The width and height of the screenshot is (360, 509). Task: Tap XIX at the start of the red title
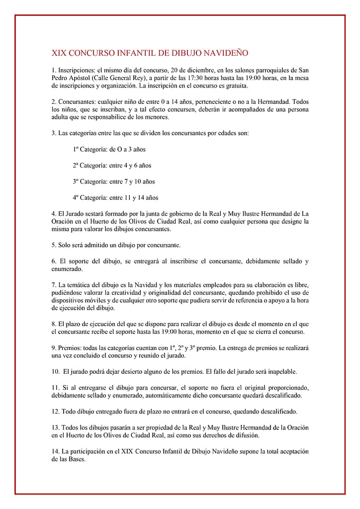(x=59, y=53)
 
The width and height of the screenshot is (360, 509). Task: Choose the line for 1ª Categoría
(x=109, y=149)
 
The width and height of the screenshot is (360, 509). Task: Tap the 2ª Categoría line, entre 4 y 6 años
(x=112, y=165)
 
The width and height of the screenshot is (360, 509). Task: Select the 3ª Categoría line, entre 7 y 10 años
(x=114, y=181)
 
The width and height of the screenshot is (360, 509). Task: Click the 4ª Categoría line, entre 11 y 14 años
(x=115, y=197)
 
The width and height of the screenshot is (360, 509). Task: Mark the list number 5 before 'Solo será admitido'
(x=54, y=245)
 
